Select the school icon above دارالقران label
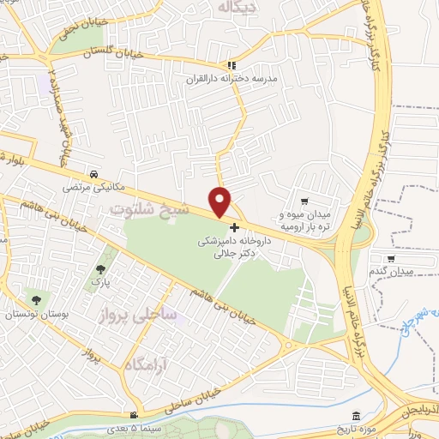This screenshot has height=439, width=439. tap(230, 64)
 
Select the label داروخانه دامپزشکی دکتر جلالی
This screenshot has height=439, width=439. tap(234, 248)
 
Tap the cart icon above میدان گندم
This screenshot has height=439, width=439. tap(392, 258)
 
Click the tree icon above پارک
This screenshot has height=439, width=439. tap(100, 268)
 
